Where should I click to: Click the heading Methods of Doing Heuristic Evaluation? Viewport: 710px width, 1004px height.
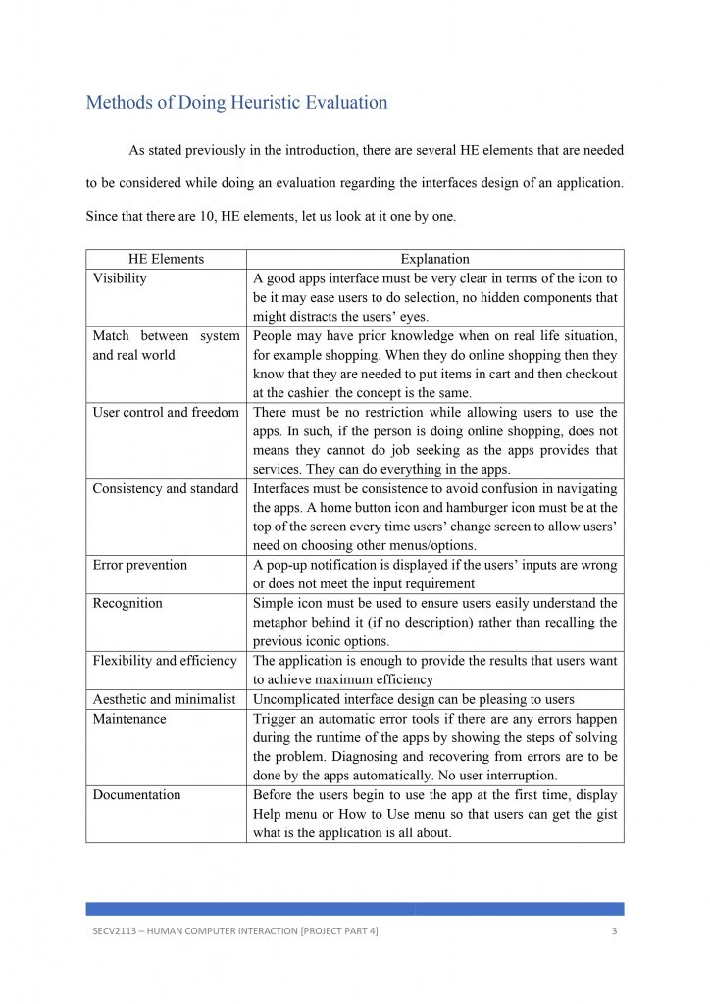pos(236,102)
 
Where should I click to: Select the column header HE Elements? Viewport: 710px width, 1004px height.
pos(166,259)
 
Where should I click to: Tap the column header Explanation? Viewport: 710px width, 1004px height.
pos(434,259)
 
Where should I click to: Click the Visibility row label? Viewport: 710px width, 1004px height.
pos(120,278)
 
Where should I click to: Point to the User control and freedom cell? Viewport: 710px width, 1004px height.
pos(166,413)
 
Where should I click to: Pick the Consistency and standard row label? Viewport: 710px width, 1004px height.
pos(166,488)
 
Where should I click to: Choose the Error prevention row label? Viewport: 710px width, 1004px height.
pos(140,565)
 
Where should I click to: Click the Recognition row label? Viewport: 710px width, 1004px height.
pos(127,603)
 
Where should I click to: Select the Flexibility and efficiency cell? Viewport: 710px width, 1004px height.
pos(165,661)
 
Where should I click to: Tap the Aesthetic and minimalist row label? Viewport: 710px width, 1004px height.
pos(165,699)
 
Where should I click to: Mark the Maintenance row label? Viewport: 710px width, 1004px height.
pos(129,719)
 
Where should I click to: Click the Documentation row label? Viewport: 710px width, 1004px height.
pos(136,795)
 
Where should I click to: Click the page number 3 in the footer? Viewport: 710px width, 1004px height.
pos(614,931)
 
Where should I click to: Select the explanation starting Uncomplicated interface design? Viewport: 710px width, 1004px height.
pos(414,699)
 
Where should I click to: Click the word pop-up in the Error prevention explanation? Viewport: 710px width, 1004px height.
pos(290,565)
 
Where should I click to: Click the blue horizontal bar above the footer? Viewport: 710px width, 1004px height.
pos(354,909)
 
